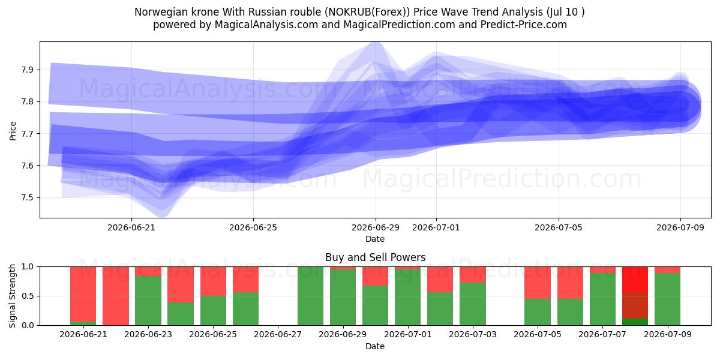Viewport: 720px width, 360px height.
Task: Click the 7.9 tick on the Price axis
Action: pyautogui.click(x=28, y=70)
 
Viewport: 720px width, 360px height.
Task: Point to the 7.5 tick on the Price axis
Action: pyautogui.click(x=28, y=197)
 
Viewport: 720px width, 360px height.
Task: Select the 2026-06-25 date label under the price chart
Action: pyautogui.click(x=253, y=227)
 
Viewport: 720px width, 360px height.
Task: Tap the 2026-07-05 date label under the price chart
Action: pyautogui.click(x=559, y=227)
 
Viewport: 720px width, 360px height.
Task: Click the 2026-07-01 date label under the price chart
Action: pyautogui.click(x=436, y=227)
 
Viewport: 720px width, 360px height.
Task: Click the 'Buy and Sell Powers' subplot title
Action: pyautogui.click(x=375, y=257)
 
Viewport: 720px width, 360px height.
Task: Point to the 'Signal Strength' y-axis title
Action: pyautogui.click(x=12, y=296)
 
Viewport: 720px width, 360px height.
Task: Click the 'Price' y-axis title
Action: pyautogui.click(x=13, y=131)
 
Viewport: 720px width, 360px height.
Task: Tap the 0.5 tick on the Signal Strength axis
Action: pyautogui.click(x=28, y=296)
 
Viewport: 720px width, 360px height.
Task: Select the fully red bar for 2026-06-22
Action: pyautogui.click(x=116, y=296)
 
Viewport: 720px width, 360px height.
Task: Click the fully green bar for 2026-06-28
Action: pyautogui.click(x=311, y=296)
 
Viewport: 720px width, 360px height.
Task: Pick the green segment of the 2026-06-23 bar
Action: pyautogui.click(x=148, y=301)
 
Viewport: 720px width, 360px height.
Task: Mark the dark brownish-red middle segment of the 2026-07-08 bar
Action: pyautogui.click(x=635, y=305)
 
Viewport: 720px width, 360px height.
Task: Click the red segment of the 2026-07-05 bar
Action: pyautogui.click(x=538, y=283)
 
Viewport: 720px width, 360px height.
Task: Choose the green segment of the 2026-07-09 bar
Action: pyautogui.click(x=667, y=299)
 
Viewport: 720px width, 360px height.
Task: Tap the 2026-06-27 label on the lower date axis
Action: pyautogui.click(x=278, y=334)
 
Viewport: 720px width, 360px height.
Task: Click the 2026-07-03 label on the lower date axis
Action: pyautogui.click(x=473, y=334)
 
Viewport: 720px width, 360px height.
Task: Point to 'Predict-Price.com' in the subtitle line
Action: pyautogui.click(x=524, y=25)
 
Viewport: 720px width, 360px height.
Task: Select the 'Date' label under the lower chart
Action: pyautogui.click(x=375, y=346)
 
